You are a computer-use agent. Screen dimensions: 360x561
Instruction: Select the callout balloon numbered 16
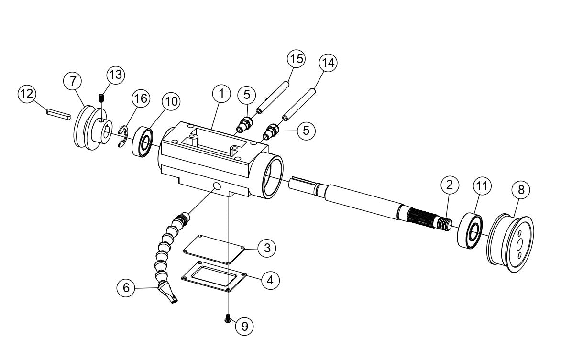140,99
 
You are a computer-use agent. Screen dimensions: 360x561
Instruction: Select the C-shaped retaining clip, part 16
122,136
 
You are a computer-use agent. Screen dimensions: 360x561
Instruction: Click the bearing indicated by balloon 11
471,232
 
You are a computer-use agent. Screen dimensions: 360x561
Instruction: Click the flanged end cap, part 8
510,245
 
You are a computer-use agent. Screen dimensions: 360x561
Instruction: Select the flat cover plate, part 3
214,248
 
